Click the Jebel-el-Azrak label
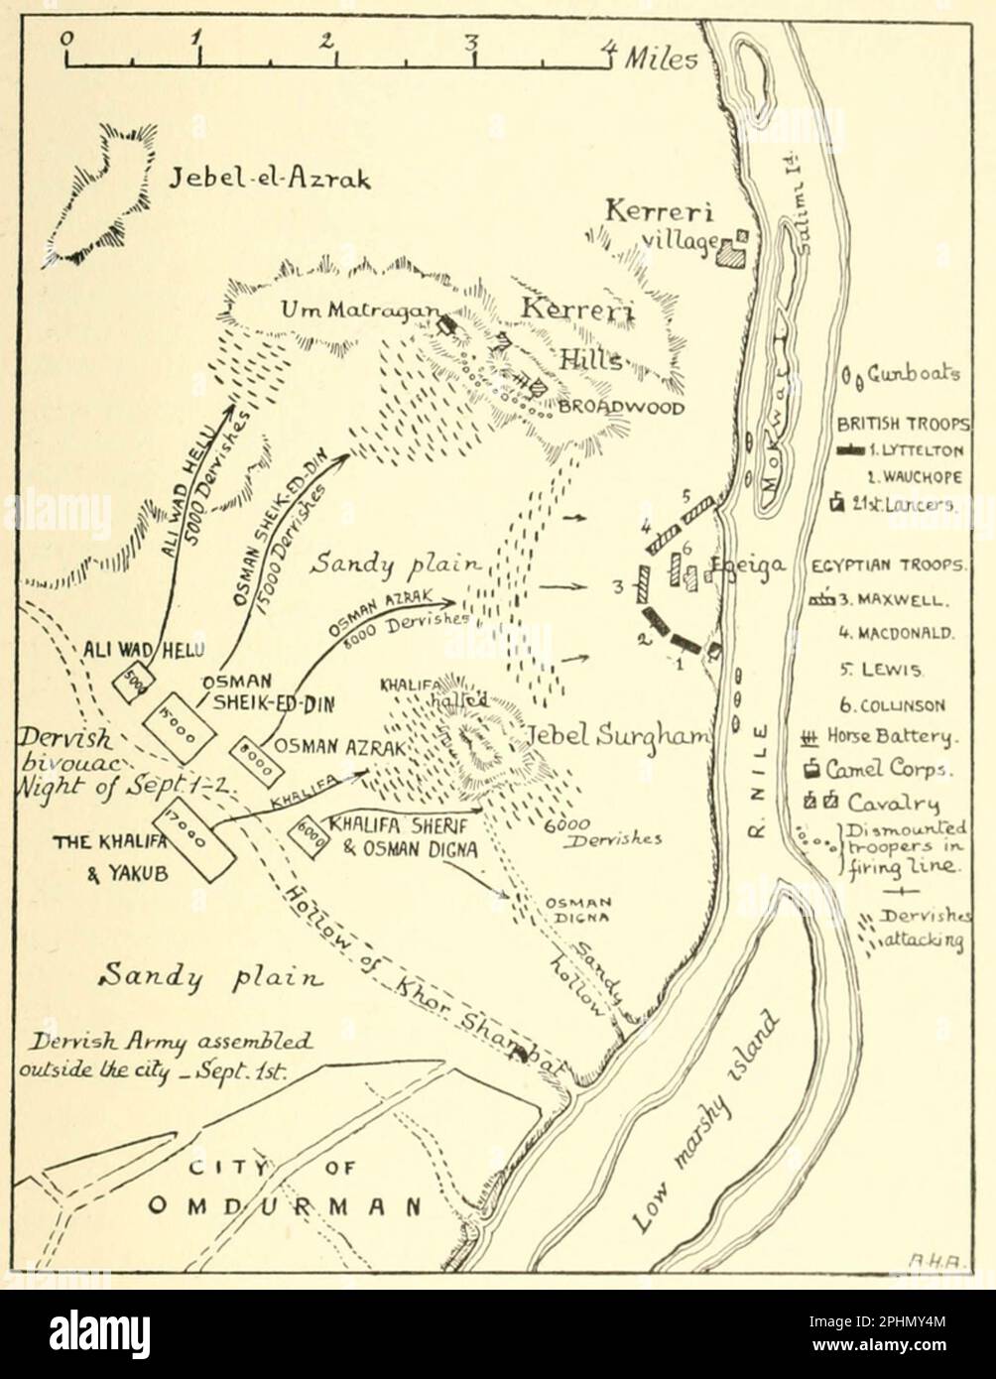click(257, 180)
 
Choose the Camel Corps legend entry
click(891, 769)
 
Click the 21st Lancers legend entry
click(897, 504)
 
